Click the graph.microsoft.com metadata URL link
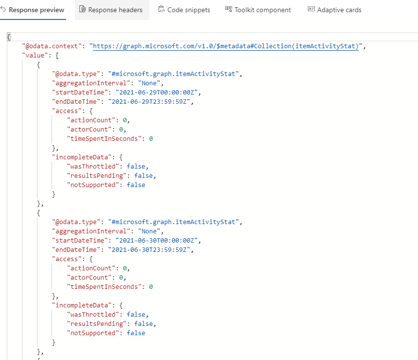(226, 46)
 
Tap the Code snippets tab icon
(162, 9)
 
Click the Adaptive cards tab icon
(311, 9)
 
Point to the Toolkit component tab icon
(229, 9)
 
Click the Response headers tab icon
(82, 9)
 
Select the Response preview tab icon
(3, 9)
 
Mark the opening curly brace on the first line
(9, 37)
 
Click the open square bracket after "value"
(57, 56)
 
